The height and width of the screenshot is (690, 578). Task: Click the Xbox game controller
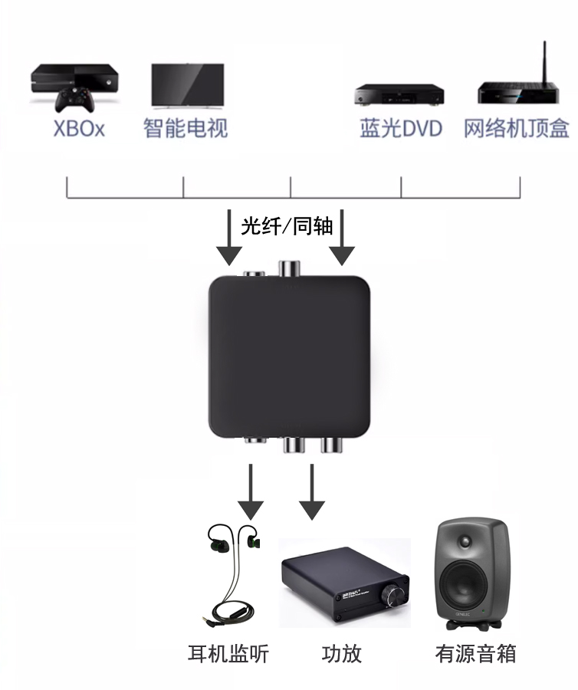tap(74, 100)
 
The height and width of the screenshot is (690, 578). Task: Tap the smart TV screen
tap(188, 85)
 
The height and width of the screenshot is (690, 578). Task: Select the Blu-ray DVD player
tap(399, 94)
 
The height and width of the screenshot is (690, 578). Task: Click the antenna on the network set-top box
tap(544, 63)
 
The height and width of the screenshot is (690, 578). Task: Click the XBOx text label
tap(79, 129)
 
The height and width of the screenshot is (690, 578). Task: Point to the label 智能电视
tap(186, 128)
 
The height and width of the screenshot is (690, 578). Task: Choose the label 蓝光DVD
tap(401, 129)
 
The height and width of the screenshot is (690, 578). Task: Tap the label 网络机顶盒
tap(517, 129)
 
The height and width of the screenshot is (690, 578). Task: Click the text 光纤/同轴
tap(287, 226)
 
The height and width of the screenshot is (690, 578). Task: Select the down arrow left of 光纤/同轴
tap(228, 238)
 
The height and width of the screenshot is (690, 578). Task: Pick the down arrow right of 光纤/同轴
tap(342, 238)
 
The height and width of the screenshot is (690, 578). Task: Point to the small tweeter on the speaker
tap(465, 541)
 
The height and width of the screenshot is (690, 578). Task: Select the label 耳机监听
tap(228, 653)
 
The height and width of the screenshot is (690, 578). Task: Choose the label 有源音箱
tap(475, 653)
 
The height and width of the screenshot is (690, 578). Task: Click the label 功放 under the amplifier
tap(342, 653)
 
